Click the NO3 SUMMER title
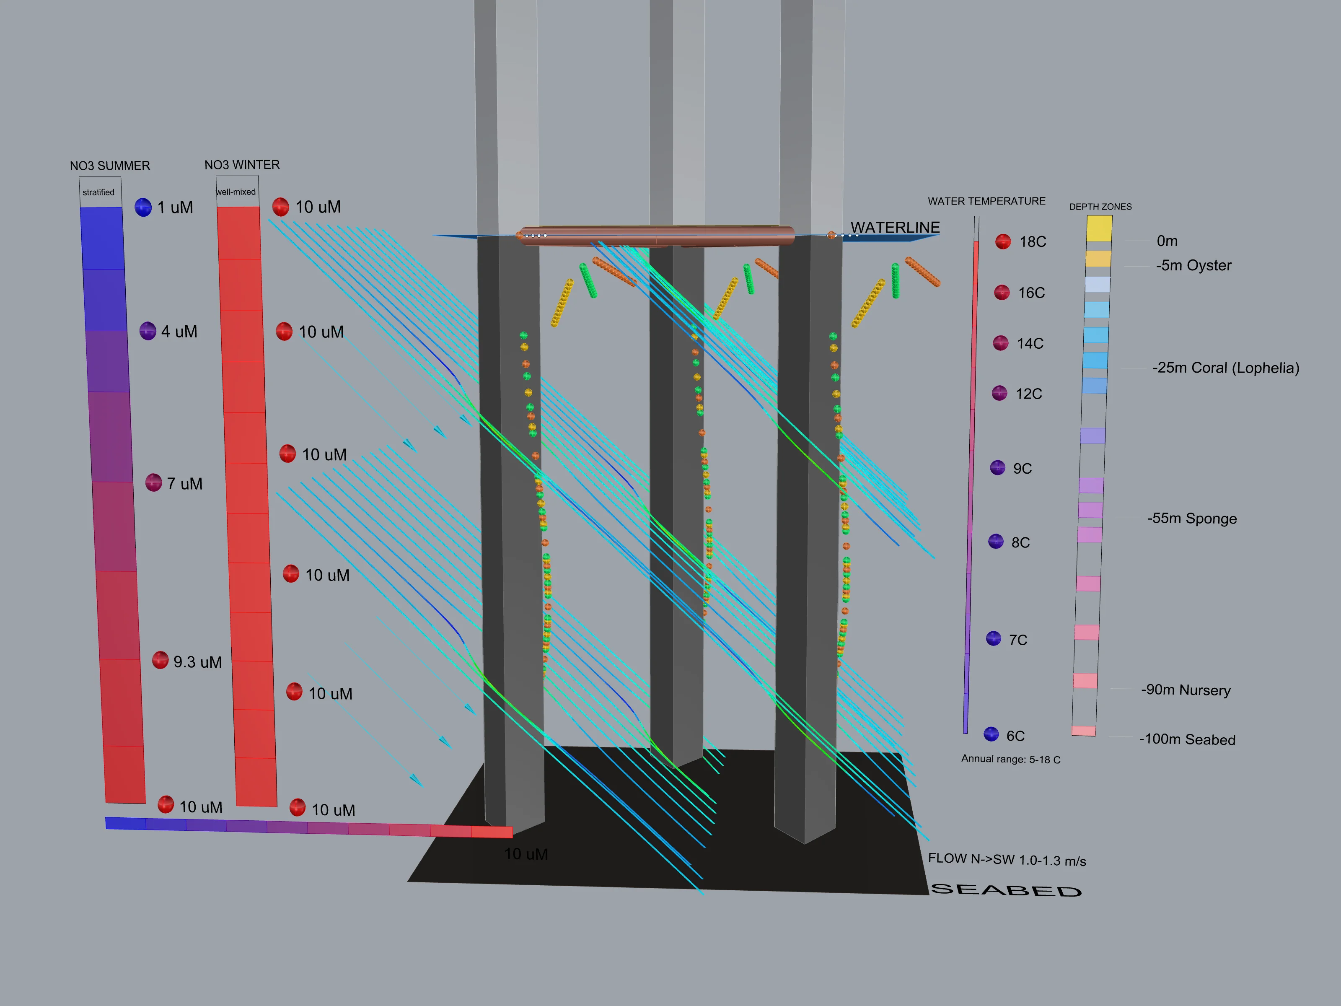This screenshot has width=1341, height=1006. pyautogui.click(x=110, y=166)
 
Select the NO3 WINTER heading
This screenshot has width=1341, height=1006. pyautogui.click(x=242, y=165)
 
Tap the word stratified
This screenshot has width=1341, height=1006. pyautogui.click(x=98, y=192)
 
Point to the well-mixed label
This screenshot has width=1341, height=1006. pyautogui.click(x=236, y=192)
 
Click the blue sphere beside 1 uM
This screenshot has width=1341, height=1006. pyautogui.click(x=143, y=207)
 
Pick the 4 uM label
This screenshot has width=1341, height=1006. pyautogui.click(x=179, y=332)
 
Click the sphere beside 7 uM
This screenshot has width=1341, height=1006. pyautogui.click(x=153, y=483)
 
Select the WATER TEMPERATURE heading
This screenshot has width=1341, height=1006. pyautogui.click(x=986, y=201)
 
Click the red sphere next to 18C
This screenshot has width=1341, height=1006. pyautogui.click(x=1003, y=241)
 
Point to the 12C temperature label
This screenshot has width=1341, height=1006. pyautogui.click(x=1029, y=394)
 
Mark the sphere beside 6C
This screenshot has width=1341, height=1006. pyautogui.click(x=991, y=734)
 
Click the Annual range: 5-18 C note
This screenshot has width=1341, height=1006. pyautogui.click(x=1011, y=759)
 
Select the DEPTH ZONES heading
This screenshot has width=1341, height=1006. pyautogui.click(x=1100, y=207)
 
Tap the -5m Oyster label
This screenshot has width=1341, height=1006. pyautogui.click(x=1193, y=266)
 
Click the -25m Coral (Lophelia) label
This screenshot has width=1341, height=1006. pyautogui.click(x=1226, y=368)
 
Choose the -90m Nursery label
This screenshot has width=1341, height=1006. pyautogui.click(x=1186, y=690)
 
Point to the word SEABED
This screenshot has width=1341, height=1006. pyautogui.click(x=1006, y=890)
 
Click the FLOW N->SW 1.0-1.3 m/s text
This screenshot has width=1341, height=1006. pyautogui.click(x=1007, y=860)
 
